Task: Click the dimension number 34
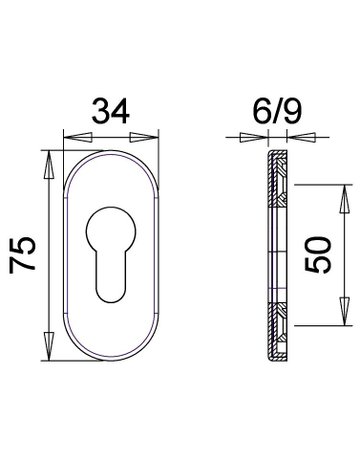110,111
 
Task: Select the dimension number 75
22,255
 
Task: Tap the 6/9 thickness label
277,111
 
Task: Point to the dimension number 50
318,255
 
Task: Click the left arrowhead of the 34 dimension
77,137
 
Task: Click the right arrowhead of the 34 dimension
143,137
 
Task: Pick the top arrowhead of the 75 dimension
49,165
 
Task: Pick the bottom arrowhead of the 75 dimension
49,346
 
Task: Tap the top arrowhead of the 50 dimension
345,199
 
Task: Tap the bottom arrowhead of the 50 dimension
345,311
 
